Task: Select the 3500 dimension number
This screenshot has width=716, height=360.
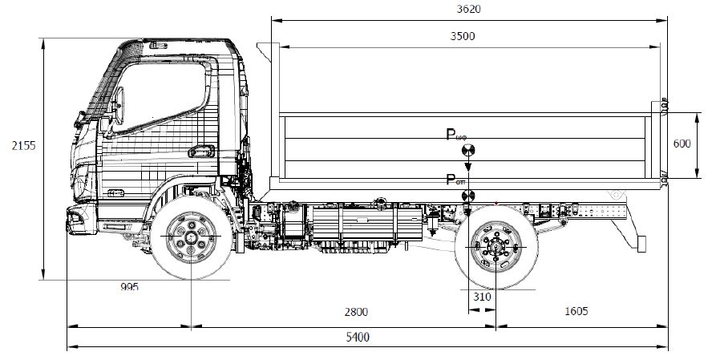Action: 463,36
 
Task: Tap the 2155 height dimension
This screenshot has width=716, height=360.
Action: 22,146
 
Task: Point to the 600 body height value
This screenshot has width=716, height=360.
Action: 682,144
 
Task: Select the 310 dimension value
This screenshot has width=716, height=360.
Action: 481,297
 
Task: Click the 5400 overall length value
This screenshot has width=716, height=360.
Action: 358,338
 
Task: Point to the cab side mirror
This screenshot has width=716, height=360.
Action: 122,103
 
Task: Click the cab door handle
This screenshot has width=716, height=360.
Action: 201,150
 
